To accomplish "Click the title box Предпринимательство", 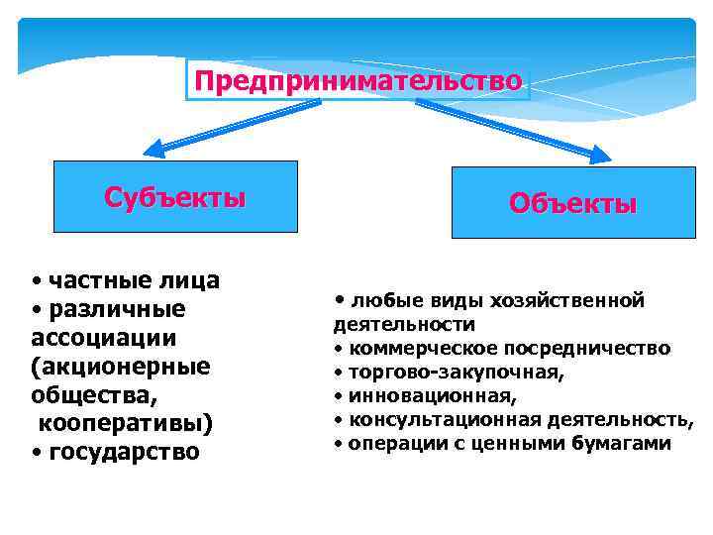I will (357, 80).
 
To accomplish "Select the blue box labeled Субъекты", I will (175, 196).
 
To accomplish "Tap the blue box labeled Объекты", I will (572, 203).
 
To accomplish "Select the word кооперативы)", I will (126, 423).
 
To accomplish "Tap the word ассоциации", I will (104, 338).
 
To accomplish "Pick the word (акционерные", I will (121, 367).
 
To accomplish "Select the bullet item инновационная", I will (432, 396).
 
